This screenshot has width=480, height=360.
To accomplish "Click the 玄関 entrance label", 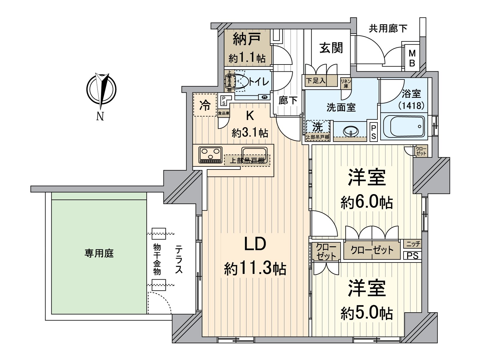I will tap(331, 48).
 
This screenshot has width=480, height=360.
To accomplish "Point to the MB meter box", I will tap(412, 58).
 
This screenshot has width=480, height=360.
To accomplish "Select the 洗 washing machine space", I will tap(317, 127).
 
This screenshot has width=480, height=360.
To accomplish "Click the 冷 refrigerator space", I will tap(205, 106).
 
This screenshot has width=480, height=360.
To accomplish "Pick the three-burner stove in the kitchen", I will tap(210, 154).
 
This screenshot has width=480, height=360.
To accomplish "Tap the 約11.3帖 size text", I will tap(255, 268).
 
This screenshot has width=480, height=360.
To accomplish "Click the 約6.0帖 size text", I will tap(367, 203).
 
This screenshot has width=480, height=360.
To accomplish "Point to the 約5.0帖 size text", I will tap(367, 314).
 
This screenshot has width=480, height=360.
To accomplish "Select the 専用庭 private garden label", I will tap(99, 254).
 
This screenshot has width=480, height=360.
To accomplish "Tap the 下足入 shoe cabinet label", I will tap(315, 81).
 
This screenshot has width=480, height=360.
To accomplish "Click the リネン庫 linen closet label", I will tap(346, 83).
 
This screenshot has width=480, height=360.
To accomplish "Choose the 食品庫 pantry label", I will tap(223, 113).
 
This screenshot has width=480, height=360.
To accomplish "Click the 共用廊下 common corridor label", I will tap(388, 28).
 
